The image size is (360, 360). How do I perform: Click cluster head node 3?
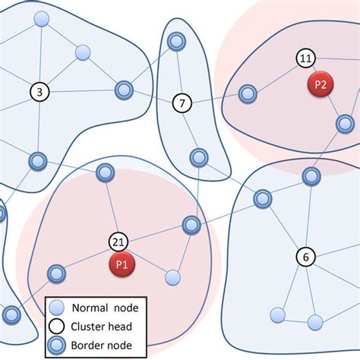coord(39,92)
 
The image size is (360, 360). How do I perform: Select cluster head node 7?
coord(182,102)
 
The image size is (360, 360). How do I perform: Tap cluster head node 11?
coord(305,58)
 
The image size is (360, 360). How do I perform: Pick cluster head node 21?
coord(118,242)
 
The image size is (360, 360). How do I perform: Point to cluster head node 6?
coord(305,257)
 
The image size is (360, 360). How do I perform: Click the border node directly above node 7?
coord(176,41)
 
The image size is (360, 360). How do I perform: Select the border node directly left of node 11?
coord(248,94)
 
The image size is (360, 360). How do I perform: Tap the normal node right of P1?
coord(173,277)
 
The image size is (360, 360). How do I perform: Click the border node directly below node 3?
coord(38,161)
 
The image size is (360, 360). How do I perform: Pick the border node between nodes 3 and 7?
coord(124,90)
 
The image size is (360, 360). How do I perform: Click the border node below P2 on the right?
coord(345,123)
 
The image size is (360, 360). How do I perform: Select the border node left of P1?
coord(56,273)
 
